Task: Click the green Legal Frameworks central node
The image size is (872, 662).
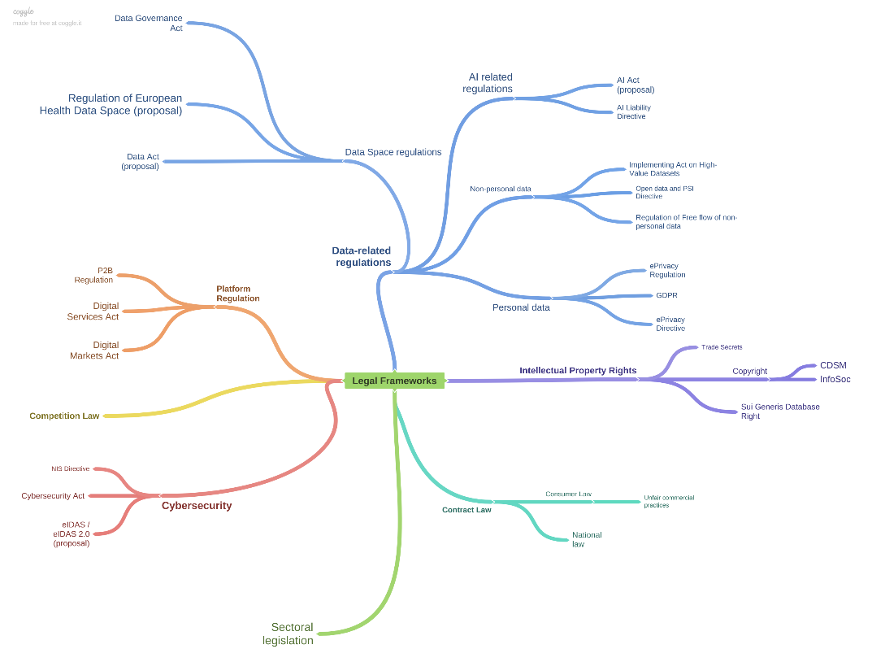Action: (x=394, y=381)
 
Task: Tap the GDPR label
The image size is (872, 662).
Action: (x=666, y=295)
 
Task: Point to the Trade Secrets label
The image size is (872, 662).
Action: (x=722, y=347)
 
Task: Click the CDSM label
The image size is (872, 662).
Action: (x=833, y=365)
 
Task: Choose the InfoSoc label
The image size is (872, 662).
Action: (x=835, y=379)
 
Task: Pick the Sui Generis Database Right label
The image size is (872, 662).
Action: (x=780, y=411)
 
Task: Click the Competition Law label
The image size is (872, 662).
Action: (x=64, y=416)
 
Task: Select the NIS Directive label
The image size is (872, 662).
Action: (x=71, y=468)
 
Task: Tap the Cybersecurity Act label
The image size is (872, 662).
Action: (x=53, y=496)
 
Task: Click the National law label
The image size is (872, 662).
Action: (x=587, y=539)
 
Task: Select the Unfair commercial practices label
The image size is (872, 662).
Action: (x=669, y=501)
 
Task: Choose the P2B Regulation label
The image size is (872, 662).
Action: (x=94, y=275)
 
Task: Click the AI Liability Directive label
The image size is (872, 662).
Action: (x=634, y=112)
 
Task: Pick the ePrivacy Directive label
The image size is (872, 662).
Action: (x=670, y=324)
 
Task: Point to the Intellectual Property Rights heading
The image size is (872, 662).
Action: (x=578, y=371)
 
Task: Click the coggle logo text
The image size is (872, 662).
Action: (x=24, y=11)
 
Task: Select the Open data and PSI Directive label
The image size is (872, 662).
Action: (x=664, y=192)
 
